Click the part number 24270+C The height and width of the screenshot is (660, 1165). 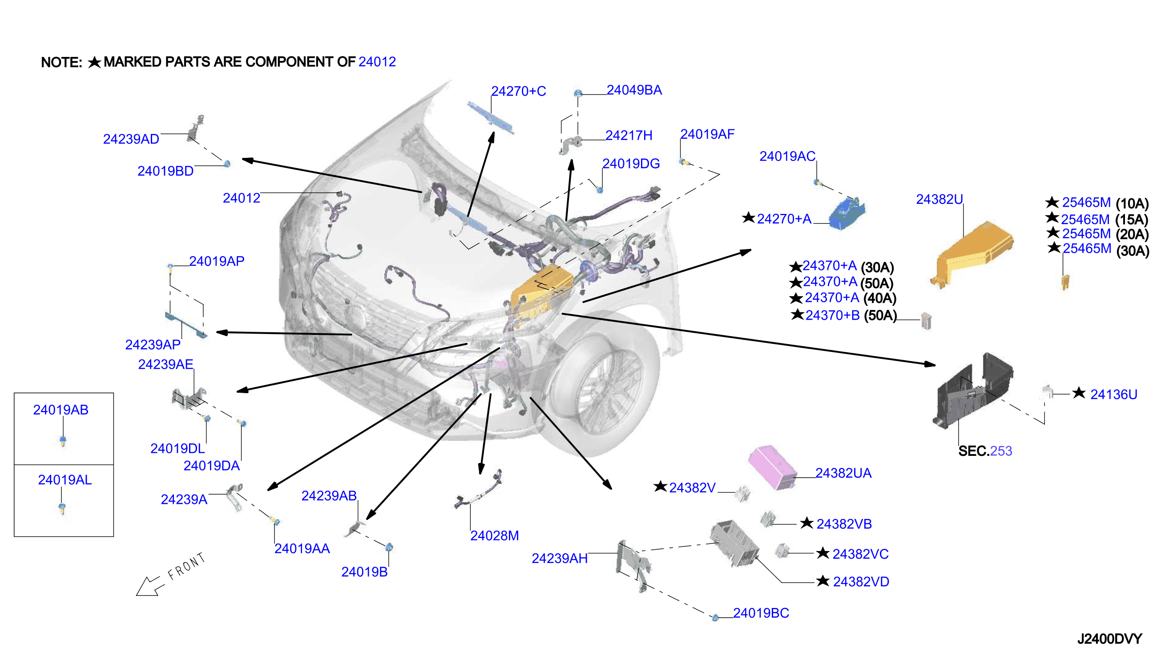518,91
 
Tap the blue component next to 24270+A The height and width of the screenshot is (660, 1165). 847,213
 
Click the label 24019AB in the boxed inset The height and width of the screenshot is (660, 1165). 61,410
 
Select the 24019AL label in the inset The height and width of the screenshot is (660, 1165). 65,479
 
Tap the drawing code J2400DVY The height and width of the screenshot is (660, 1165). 1109,639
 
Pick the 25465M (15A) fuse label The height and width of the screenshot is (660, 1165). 1104,219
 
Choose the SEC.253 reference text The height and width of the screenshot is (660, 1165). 984,451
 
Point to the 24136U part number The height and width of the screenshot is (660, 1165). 1113,394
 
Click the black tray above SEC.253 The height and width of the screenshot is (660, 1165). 972,390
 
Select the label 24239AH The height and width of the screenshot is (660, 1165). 560,559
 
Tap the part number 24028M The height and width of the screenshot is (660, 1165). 494,536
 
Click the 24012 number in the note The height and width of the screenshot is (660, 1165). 377,62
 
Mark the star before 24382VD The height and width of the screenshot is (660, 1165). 822,581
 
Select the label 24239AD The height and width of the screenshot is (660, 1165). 131,139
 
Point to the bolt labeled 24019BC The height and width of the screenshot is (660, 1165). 715,617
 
